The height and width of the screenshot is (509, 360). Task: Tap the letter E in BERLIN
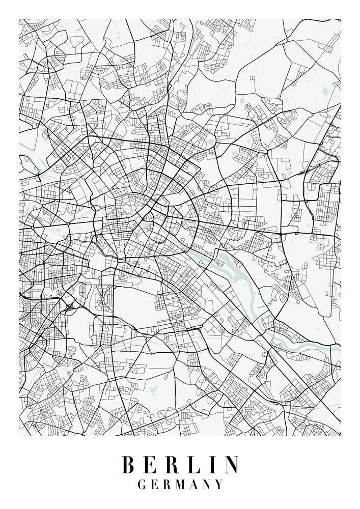click(x=150, y=464)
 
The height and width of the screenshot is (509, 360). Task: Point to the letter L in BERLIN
click(x=193, y=464)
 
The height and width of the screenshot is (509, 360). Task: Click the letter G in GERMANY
click(x=142, y=485)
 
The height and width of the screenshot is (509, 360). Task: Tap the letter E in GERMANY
click(x=155, y=485)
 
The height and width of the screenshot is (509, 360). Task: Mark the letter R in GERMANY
click(x=167, y=485)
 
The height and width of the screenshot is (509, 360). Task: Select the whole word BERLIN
click(x=180, y=464)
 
